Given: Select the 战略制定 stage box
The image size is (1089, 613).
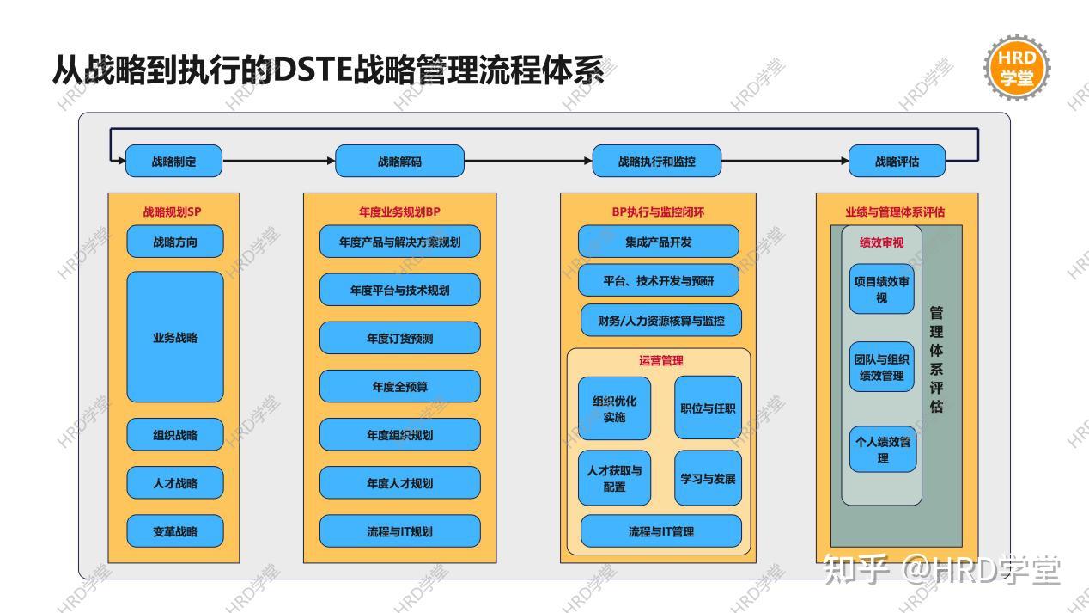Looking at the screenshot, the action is pyautogui.click(x=173, y=161).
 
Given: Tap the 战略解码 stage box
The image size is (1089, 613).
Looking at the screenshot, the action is pyautogui.click(x=399, y=161).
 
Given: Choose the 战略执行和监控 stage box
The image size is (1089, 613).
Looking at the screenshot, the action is pyautogui.click(x=657, y=161).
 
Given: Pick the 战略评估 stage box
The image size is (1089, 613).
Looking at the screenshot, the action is pyautogui.click(x=897, y=161).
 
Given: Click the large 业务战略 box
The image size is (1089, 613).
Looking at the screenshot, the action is pyautogui.click(x=175, y=337).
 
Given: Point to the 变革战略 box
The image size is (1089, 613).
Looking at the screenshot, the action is pyautogui.click(x=175, y=531).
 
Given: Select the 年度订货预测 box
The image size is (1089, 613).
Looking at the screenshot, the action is pyautogui.click(x=399, y=338).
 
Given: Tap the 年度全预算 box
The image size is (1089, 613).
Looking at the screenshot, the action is pyautogui.click(x=399, y=386).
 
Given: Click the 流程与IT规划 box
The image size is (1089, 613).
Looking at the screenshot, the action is pyautogui.click(x=399, y=531).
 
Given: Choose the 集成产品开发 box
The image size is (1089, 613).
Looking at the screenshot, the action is pyautogui.click(x=658, y=242).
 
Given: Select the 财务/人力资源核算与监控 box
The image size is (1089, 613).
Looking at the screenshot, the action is pyautogui.click(x=660, y=321).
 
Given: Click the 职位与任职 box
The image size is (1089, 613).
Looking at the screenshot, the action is pyautogui.click(x=708, y=408).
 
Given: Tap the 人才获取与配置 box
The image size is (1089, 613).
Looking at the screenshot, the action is pyautogui.click(x=614, y=478).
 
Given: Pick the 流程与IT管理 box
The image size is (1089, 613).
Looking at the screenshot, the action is pyautogui.click(x=660, y=531).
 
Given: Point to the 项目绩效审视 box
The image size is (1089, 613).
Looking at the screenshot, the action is pyautogui.click(x=882, y=289).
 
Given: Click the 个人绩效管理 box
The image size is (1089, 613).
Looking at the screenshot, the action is pyautogui.click(x=883, y=450).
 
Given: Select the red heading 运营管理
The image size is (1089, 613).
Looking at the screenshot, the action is pyautogui.click(x=660, y=361).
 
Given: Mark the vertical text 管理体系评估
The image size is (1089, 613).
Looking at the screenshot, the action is pyautogui.click(x=936, y=359).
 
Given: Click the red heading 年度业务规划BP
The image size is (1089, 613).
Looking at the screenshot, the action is pyautogui.click(x=399, y=211).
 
